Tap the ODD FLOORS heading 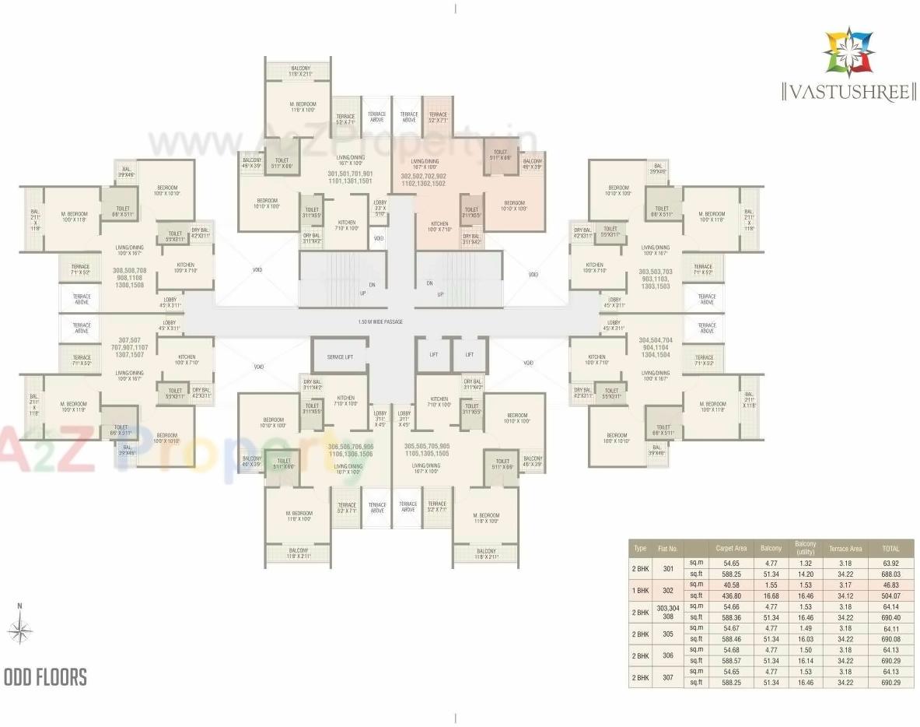tap(46, 677)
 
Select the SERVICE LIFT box tap(340, 356)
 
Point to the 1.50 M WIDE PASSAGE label tap(380, 321)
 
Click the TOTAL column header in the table tap(890, 548)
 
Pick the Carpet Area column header tap(731, 548)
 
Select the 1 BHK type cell tap(641, 590)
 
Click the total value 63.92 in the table tap(890, 563)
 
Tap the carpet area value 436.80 tap(731, 595)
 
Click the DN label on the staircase tap(373, 285)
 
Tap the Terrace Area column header tap(845, 548)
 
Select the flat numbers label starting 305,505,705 tap(427, 450)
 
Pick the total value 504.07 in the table tap(890, 595)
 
